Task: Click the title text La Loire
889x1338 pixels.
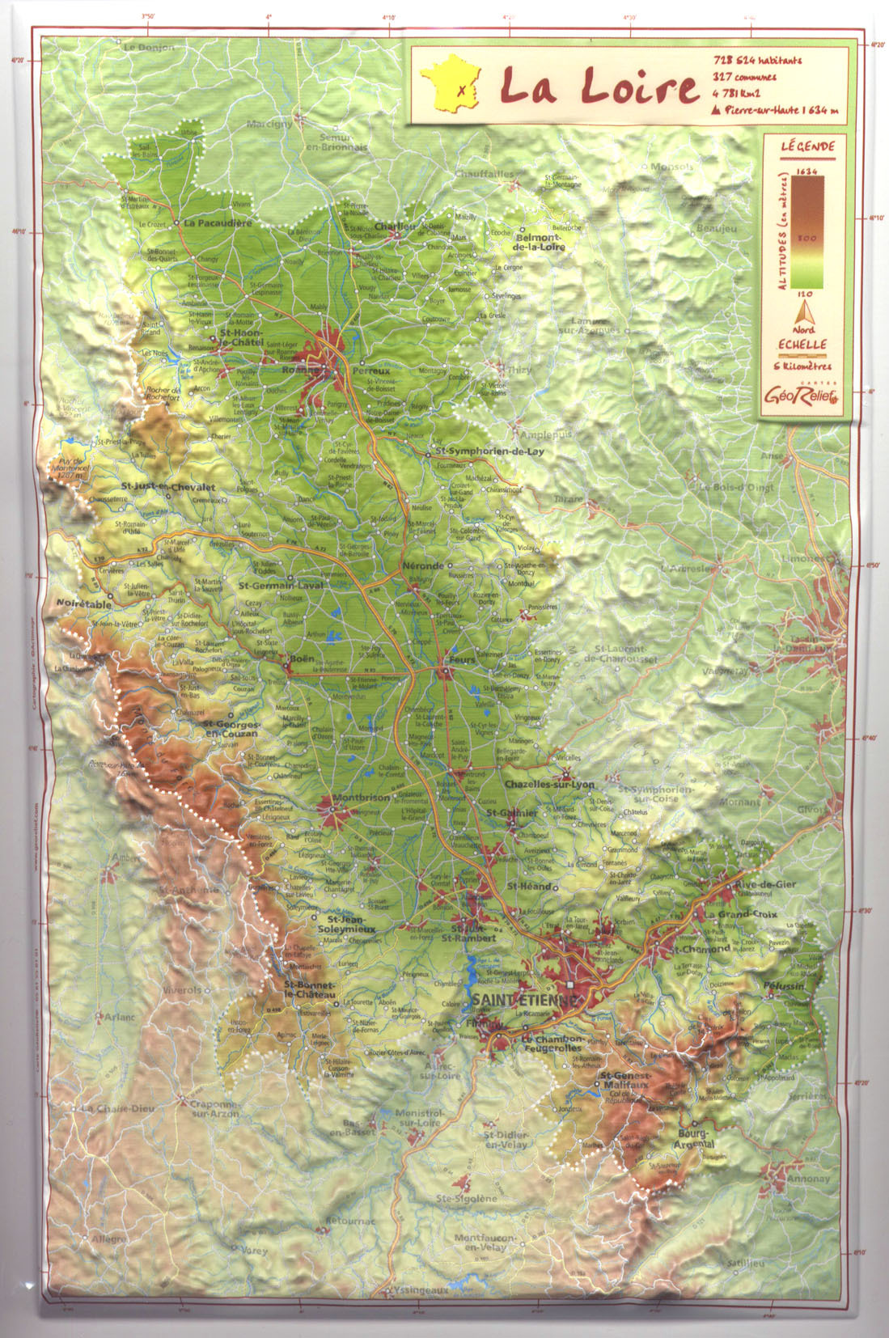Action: click(x=599, y=86)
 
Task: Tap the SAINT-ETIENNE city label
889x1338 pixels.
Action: click(x=525, y=1001)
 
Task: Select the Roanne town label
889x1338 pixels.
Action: click(x=298, y=370)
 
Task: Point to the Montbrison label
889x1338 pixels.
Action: click(x=360, y=798)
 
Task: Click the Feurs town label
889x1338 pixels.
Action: click(x=462, y=659)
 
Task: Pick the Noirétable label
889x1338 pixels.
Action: click(x=84, y=603)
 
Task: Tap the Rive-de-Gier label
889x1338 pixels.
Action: click(x=765, y=884)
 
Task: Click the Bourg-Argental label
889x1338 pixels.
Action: click(x=694, y=1139)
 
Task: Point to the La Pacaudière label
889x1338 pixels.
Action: click(x=218, y=222)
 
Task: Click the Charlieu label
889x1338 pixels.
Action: click(x=395, y=227)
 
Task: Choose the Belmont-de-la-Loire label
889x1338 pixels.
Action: click(x=540, y=242)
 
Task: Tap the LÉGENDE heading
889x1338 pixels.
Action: click(x=807, y=147)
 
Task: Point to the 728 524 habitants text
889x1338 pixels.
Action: click(x=757, y=61)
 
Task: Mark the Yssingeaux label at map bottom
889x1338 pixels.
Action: click(x=419, y=1290)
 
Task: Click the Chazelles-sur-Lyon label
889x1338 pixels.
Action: click(x=549, y=784)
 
